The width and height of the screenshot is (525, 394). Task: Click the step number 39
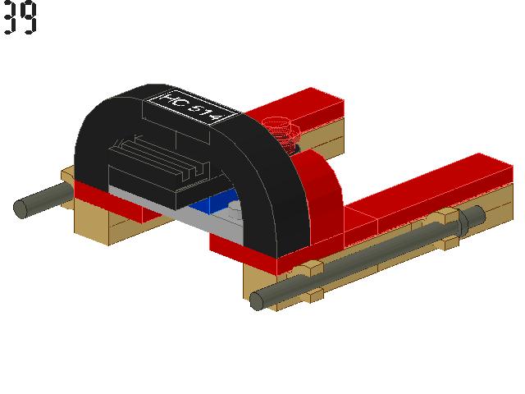[20, 18]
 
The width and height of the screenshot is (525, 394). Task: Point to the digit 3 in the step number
[11, 18]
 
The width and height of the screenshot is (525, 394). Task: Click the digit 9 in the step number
[29, 18]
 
